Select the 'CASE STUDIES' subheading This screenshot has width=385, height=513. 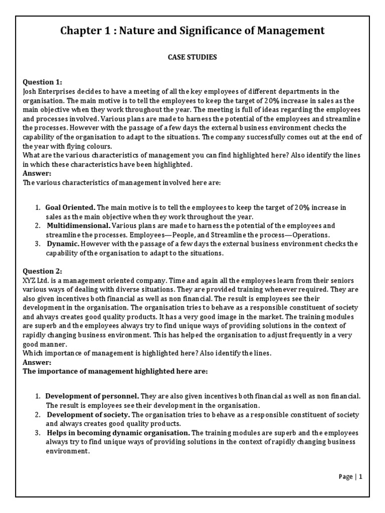(x=192, y=58)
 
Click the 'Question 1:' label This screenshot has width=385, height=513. (x=43, y=82)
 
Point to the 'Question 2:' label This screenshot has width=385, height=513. (x=43, y=271)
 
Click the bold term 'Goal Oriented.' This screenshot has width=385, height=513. (x=70, y=207)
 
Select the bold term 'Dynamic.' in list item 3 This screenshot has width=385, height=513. (x=63, y=244)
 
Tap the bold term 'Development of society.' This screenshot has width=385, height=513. (x=88, y=415)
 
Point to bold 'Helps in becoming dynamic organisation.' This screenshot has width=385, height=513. (x=118, y=433)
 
